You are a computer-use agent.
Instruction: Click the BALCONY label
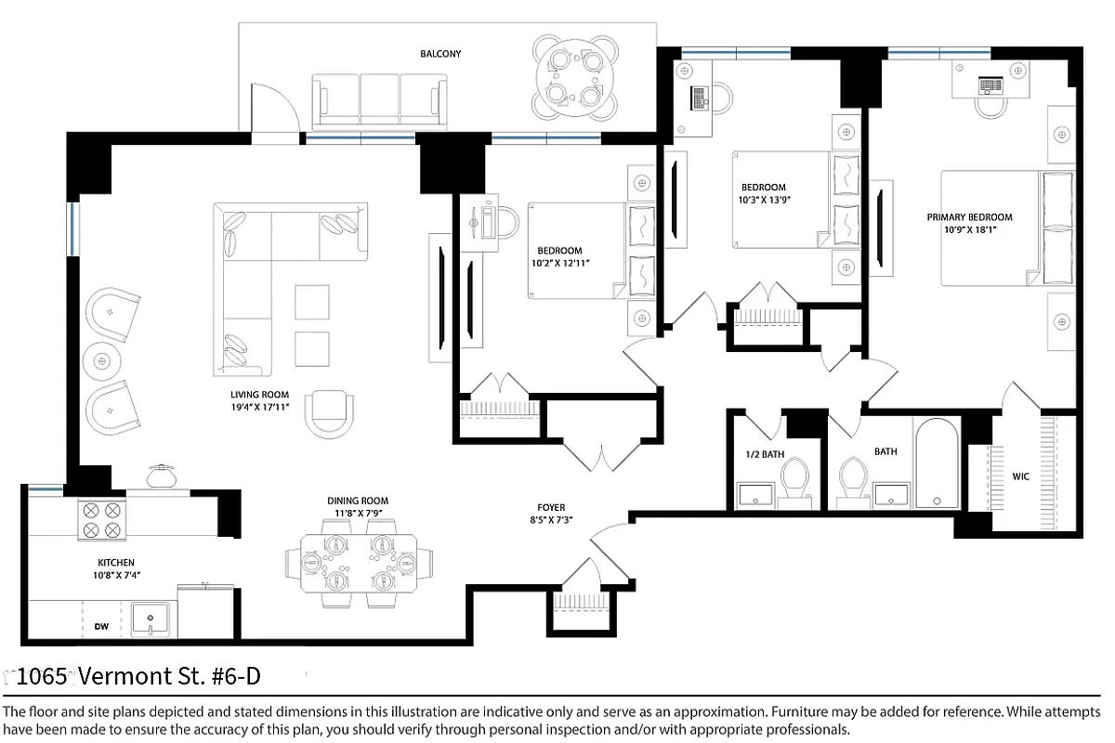(440, 54)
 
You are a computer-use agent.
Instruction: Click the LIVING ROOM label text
(259, 395)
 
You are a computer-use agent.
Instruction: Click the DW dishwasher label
(101, 627)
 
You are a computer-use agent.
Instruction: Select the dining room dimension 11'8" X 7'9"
(358, 514)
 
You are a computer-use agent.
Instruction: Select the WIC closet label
(1021, 476)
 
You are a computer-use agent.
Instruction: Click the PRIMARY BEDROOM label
(969, 217)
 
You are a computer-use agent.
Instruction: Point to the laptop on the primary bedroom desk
(990, 85)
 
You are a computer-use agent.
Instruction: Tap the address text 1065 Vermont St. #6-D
(138, 676)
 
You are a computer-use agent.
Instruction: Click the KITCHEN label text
(116, 563)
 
